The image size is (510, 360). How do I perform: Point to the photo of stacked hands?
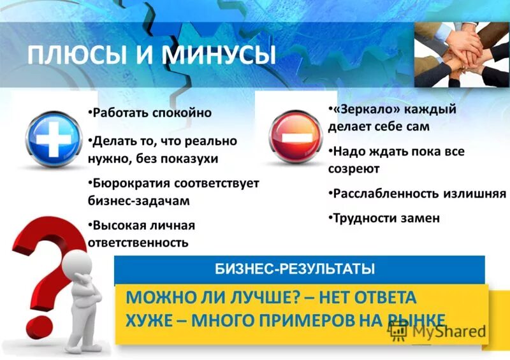(462, 54)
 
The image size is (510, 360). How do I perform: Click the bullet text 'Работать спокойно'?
(152, 113)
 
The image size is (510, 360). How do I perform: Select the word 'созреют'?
(354, 169)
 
